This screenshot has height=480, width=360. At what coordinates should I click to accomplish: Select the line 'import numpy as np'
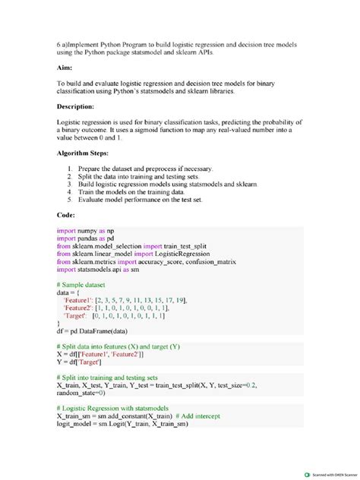85,229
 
